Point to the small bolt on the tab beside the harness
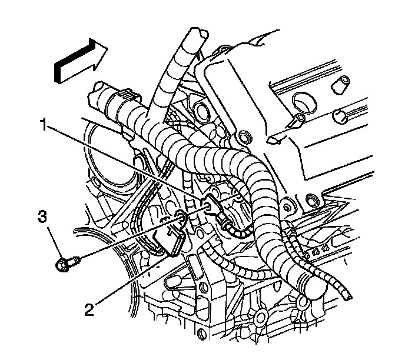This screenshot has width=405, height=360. point(287,207)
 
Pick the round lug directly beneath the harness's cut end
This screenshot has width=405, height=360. point(304,302)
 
